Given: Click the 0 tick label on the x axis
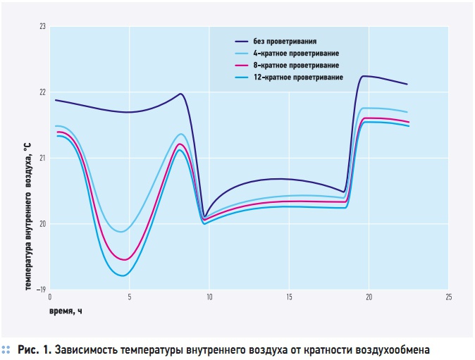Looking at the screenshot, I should pos(51,297).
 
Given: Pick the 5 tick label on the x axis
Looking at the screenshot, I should pos(130,297).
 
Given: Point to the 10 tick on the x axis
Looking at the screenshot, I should pos(209,297).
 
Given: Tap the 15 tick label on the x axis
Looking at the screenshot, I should pos(289,297).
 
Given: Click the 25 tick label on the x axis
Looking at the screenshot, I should pos(448,297).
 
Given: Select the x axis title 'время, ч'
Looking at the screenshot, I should pos(66,310).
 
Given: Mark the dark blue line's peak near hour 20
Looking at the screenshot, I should pos(364,76).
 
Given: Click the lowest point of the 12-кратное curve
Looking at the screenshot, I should pos(123,275).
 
